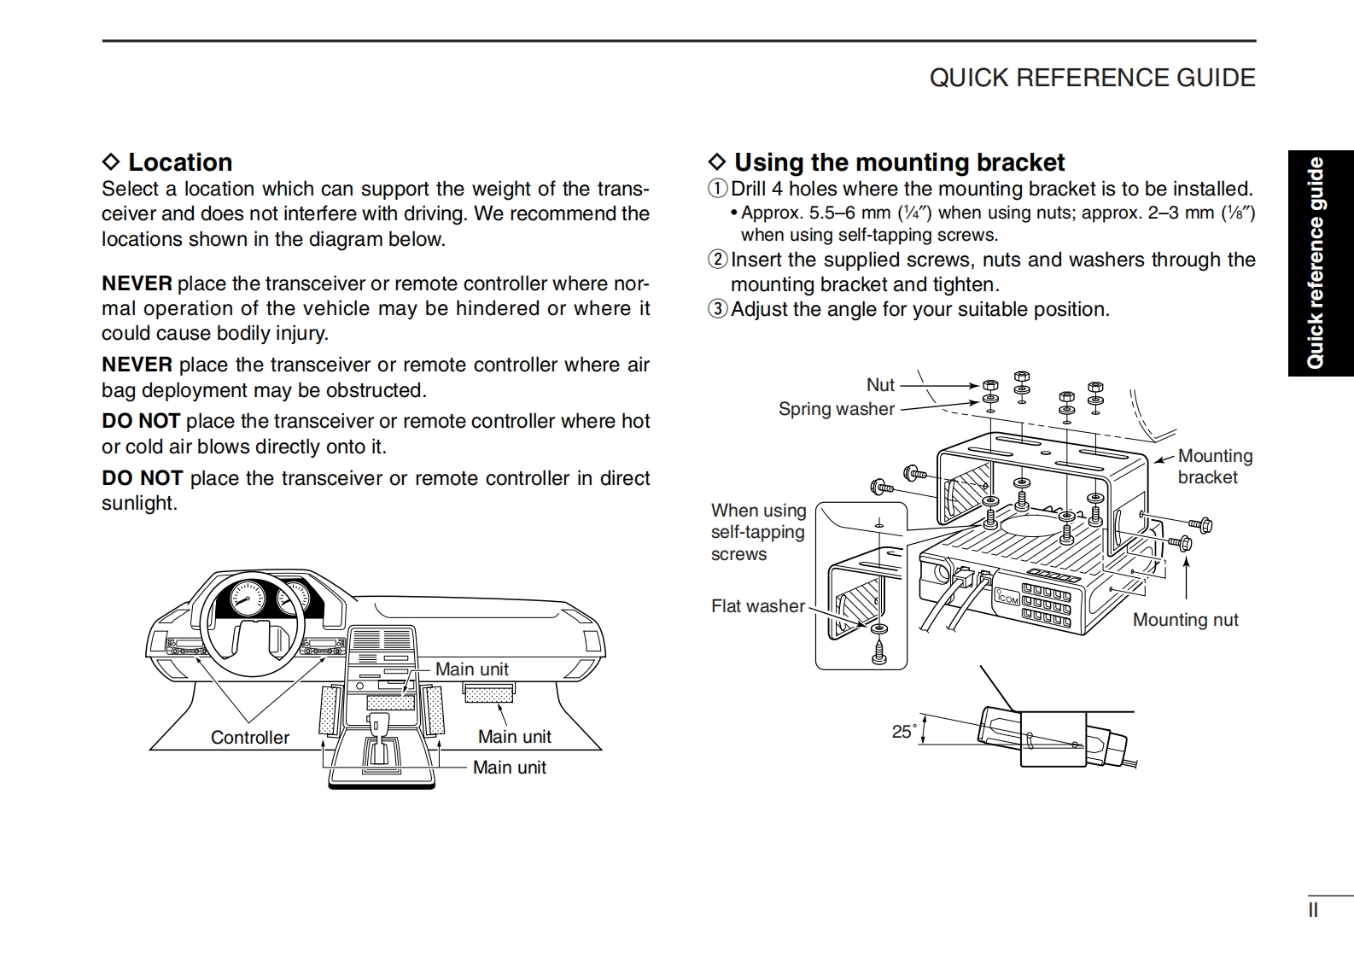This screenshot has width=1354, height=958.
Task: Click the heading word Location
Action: click(179, 162)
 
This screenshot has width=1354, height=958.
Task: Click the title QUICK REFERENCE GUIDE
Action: click(1092, 78)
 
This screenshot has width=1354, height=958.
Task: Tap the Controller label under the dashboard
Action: click(249, 737)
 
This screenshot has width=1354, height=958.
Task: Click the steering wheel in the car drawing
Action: click(251, 628)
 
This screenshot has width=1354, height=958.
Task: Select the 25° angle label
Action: click(903, 731)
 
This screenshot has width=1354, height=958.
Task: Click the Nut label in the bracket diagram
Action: click(880, 385)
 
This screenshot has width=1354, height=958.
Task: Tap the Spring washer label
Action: click(836, 409)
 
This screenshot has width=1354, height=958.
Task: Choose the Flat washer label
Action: click(757, 606)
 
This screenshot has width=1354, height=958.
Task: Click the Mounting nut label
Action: click(1185, 620)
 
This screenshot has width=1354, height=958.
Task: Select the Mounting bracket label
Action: click(1214, 466)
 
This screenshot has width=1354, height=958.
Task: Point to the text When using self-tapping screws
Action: click(758, 532)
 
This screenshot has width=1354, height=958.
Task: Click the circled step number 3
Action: click(718, 309)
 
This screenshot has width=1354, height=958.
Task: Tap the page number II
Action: click(1313, 910)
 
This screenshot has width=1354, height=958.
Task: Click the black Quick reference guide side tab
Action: click(1320, 263)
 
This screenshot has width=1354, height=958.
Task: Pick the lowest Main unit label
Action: click(509, 767)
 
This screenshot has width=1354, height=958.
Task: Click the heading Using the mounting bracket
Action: click(899, 162)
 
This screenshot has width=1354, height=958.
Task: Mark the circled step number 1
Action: click(718, 189)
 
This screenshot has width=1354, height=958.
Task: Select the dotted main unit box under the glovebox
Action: click(489, 692)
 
